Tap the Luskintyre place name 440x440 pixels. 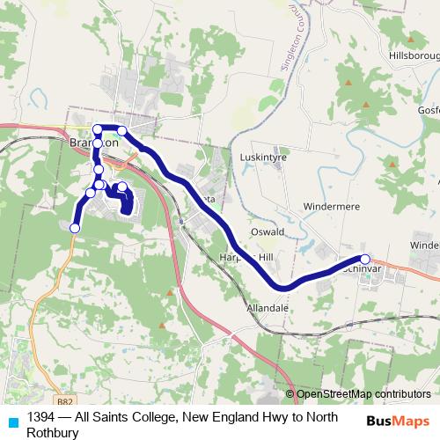coord(258,158)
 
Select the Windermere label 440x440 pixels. coord(331,206)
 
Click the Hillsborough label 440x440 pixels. coord(414,55)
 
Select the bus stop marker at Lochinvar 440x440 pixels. coord(365,259)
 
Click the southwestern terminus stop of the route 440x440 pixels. coord(75,228)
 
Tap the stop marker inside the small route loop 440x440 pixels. coord(122,187)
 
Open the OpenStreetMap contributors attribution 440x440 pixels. coord(363,394)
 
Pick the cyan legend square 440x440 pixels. coord(12,422)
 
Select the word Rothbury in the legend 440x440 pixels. coord(54,433)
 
